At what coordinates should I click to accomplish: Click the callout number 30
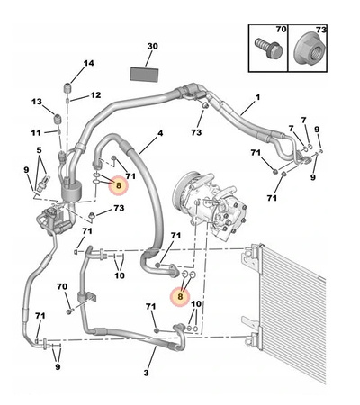click(152, 47)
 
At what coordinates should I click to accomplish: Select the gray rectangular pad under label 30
click(144, 74)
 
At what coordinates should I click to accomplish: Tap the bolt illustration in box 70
click(269, 48)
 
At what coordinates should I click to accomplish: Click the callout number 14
click(88, 63)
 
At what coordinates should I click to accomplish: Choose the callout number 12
click(95, 95)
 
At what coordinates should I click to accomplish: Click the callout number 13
click(37, 102)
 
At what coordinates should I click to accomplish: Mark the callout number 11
click(36, 132)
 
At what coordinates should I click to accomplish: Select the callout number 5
click(40, 150)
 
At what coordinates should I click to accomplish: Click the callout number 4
click(160, 133)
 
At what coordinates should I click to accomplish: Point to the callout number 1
click(257, 97)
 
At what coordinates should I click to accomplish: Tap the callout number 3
click(146, 373)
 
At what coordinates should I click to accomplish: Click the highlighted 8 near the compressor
click(180, 296)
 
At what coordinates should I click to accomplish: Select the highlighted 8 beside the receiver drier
click(119, 185)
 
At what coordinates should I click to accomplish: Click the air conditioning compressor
click(210, 203)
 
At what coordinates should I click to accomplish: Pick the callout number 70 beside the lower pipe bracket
click(62, 287)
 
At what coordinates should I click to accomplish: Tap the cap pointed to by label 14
click(67, 88)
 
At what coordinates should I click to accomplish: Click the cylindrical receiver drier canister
click(71, 191)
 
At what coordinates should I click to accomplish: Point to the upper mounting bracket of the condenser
click(251, 258)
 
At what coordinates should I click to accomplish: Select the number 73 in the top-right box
click(321, 30)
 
